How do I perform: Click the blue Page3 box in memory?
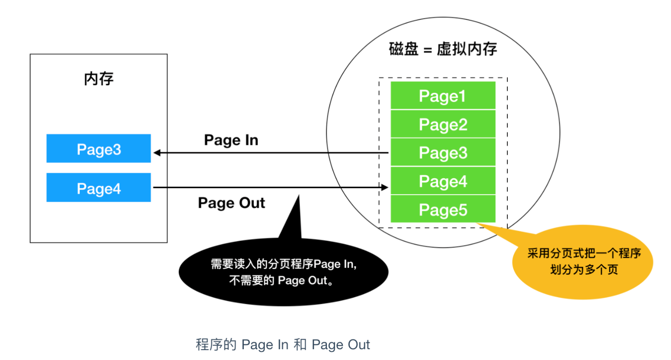99,148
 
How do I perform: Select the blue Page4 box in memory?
99,187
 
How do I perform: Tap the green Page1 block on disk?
443,96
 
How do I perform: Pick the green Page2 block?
443,124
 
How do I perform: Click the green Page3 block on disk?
443,153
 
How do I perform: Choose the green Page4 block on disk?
443,181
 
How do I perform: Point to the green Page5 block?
443,209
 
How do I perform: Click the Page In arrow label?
231,140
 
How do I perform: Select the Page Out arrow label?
231,203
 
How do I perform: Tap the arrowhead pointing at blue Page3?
157,153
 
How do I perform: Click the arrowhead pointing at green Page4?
384,187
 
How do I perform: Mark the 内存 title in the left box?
99,79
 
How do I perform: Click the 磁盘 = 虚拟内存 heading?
443,49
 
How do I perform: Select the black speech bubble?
284,273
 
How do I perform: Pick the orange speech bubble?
582,262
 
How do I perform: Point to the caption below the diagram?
283,344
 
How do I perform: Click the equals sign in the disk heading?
428,50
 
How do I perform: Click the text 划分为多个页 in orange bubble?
584,270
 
